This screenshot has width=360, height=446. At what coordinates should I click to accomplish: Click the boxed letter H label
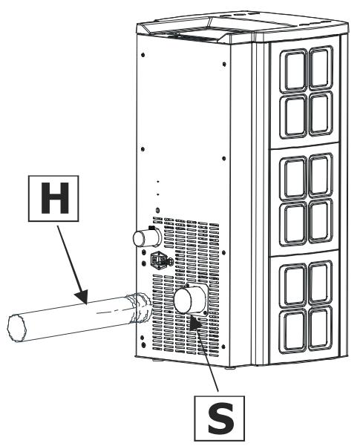(x=53, y=198)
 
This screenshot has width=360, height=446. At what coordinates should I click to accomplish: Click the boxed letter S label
(x=220, y=418)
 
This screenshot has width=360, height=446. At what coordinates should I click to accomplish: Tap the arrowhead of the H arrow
(x=82, y=296)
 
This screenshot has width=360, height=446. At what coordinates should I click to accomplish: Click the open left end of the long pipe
(x=17, y=328)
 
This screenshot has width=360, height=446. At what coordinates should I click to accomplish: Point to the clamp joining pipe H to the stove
(x=140, y=308)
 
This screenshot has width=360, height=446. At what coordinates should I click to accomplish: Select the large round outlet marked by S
(x=189, y=300)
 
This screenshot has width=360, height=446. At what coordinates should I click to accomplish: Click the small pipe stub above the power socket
(x=147, y=237)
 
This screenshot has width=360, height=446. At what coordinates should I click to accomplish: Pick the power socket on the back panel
(x=160, y=260)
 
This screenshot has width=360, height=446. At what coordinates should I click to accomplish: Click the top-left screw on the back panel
(x=143, y=55)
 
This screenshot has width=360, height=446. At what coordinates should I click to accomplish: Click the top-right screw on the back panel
(x=224, y=64)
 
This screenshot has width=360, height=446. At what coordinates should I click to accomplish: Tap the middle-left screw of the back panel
(x=143, y=149)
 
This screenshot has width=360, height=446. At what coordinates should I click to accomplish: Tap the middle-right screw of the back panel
(x=223, y=158)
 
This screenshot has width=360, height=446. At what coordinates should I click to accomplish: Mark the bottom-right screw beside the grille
(x=223, y=347)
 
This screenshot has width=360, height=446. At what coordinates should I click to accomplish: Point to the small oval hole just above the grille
(x=157, y=211)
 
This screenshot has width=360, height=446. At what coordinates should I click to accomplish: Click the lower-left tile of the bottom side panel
(x=293, y=331)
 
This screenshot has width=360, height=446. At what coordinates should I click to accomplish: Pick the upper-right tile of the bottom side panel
(x=321, y=282)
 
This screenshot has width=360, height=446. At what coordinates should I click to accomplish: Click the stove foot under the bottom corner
(x=230, y=367)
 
